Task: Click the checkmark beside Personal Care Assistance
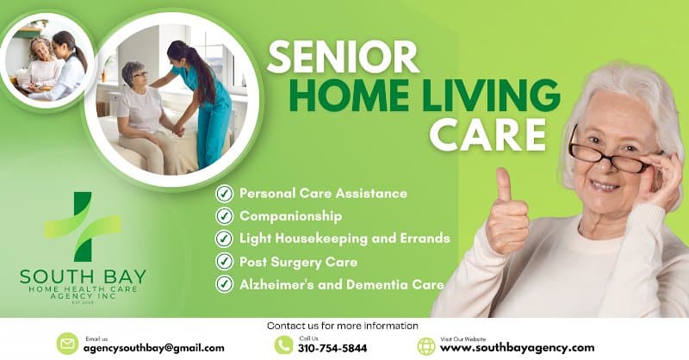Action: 225,194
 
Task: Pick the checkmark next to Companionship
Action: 225,216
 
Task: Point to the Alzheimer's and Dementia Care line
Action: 342,284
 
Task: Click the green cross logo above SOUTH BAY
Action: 83,227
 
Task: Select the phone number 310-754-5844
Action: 333,348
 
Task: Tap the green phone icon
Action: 283,344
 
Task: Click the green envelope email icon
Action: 67,344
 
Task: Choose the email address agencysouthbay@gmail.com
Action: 153,348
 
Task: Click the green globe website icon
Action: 426,345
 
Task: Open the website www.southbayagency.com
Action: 517,348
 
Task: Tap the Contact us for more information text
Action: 343,326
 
